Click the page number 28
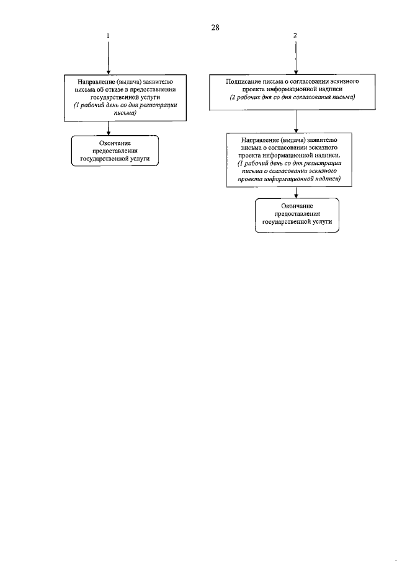[x=216, y=27]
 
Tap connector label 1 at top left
[x=109, y=37]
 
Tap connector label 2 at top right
[x=295, y=36]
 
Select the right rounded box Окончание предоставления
[x=297, y=215]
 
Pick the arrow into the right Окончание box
[x=296, y=194]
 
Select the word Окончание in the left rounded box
[x=115, y=143]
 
